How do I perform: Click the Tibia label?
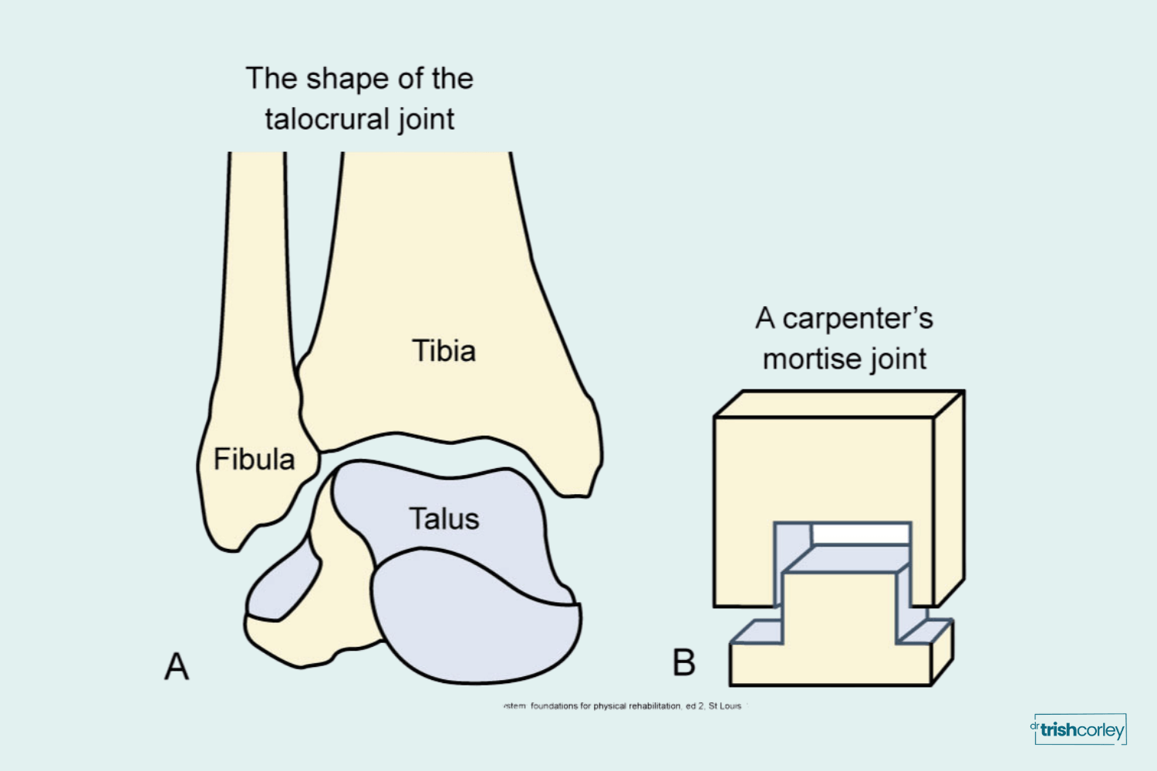pyautogui.click(x=444, y=351)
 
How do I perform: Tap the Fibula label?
pyautogui.click(x=254, y=460)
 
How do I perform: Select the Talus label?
pyautogui.click(x=444, y=519)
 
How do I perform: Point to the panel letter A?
pyautogui.click(x=177, y=666)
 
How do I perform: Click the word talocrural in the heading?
pyautogui.click(x=328, y=120)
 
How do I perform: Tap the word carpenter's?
pyautogui.click(x=858, y=318)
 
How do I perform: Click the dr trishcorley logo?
pyautogui.click(x=1080, y=729)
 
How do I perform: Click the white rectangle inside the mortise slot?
pyautogui.click(x=861, y=534)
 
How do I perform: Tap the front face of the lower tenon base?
pyautogui.click(x=829, y=665)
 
